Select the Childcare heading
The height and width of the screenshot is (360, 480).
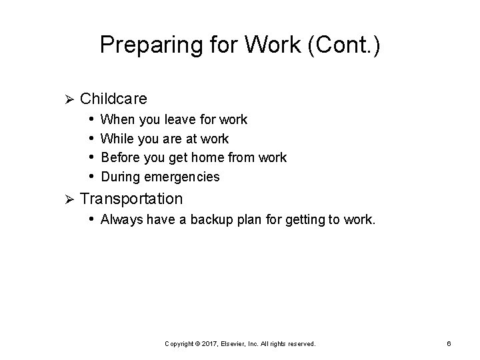tap(113, 99)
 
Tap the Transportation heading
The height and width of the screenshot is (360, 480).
tap(131, 198)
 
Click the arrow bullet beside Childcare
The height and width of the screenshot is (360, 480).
tap(65, 99)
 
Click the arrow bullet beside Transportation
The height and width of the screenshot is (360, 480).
tap(65, 199)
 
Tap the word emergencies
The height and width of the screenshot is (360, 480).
tap(183, 177)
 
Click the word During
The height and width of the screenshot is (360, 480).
tap(120, 177)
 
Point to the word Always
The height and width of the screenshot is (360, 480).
tap(121, 219)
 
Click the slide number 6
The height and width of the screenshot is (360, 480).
tap(449, 343)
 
